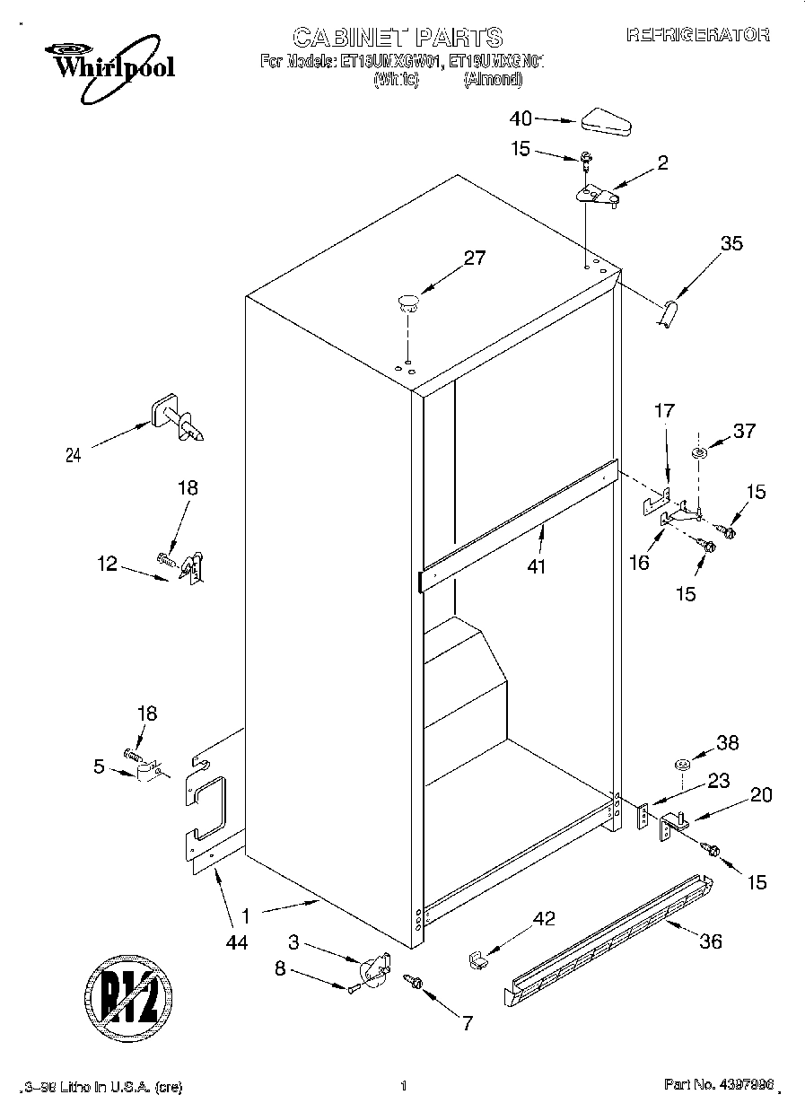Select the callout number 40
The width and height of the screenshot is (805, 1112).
pyautogui.click(x=521, y=118)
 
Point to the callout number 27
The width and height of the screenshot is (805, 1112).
pyautogui.click(x=474, y=258)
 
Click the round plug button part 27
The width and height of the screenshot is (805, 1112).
pyautogui.click(x=409, y=302)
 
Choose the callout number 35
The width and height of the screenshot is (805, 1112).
pyautogui.click(x=731, y=242)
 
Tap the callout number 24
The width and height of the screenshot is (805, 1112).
pyautogui.click(x=74, y=455)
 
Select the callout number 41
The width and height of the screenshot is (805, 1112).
pyautogui.click(x=538, y=566)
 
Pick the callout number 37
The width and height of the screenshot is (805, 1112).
pyautogui.click(x=744, y=432)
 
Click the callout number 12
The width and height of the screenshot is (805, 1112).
pyautogui.click(x=107, y=564)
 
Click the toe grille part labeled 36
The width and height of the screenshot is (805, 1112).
pyautogui.click(x=610, y=937)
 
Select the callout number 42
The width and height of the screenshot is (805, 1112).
pyautogui.click(x=544, y=918)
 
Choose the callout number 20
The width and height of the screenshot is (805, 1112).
pyautogui.click(x=760, y=794)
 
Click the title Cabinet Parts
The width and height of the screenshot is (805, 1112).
pyautogui.click(x=398, y=37)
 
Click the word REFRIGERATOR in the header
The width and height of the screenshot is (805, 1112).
pyautogui.click(x=697, y=35)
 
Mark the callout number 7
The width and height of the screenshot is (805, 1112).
pyautogui.click(x=468, y=1022)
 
